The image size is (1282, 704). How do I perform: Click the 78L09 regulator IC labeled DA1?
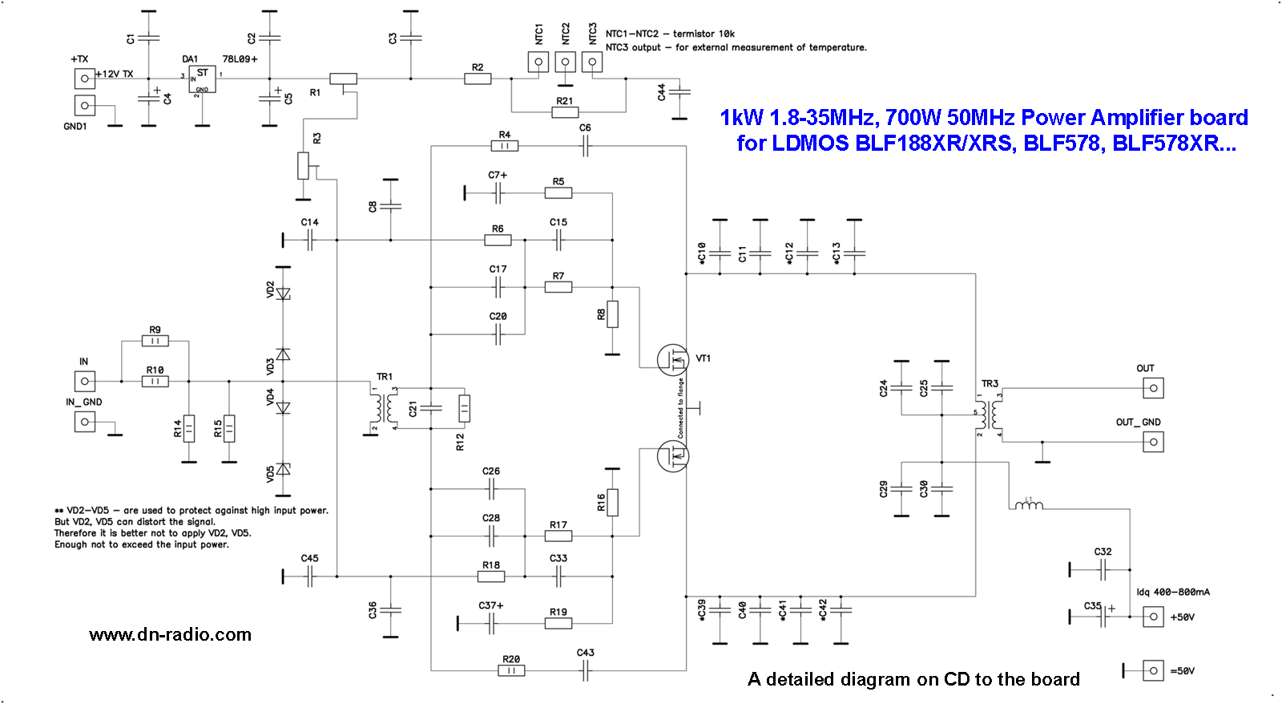(202, 79)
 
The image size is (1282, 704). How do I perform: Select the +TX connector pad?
(84, 78)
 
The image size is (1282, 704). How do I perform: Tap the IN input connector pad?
(85, 381)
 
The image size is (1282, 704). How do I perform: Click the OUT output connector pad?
(1152, 388)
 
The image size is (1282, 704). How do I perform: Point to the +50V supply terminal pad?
(1152, 617)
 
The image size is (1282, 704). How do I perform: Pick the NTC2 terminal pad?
(566, 62)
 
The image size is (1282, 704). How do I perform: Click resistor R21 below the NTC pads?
(565, 112)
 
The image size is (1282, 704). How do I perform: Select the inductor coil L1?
(1029, 505)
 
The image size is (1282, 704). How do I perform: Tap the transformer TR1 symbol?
(383, 407)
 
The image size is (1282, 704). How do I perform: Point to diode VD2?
(283, 293)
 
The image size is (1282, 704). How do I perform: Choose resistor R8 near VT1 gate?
(612, 314)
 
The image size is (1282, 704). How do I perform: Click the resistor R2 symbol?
(478, 79)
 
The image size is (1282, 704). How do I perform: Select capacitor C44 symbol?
(679, 92)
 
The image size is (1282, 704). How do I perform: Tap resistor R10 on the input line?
(155, 381)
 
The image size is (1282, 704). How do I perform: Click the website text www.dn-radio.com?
(171, 635)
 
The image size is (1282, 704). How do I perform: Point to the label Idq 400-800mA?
(1173, 593)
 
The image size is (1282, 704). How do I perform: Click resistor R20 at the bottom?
(511, 670)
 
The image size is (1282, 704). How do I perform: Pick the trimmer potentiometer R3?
(303, 165)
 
